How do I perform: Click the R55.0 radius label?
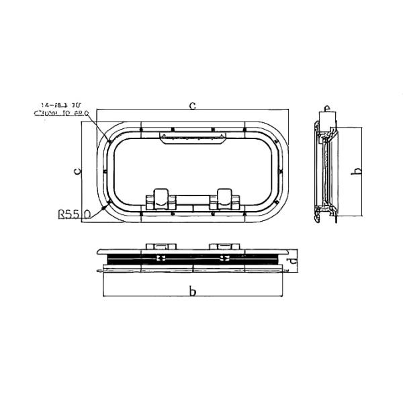(74, 215)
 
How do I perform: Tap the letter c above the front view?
(193, 105)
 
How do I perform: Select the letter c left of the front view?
(78, 172)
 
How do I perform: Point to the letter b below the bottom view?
(193, 291)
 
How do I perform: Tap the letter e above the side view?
(326, 107)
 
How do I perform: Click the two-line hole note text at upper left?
(64, 109)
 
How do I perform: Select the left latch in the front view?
(159, 197)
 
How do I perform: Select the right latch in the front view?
(226, 197)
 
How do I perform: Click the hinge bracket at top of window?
(192, 137)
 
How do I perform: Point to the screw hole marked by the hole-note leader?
(108, 141)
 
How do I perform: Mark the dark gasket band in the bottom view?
(193, 259)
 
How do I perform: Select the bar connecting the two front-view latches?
(193, 201)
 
